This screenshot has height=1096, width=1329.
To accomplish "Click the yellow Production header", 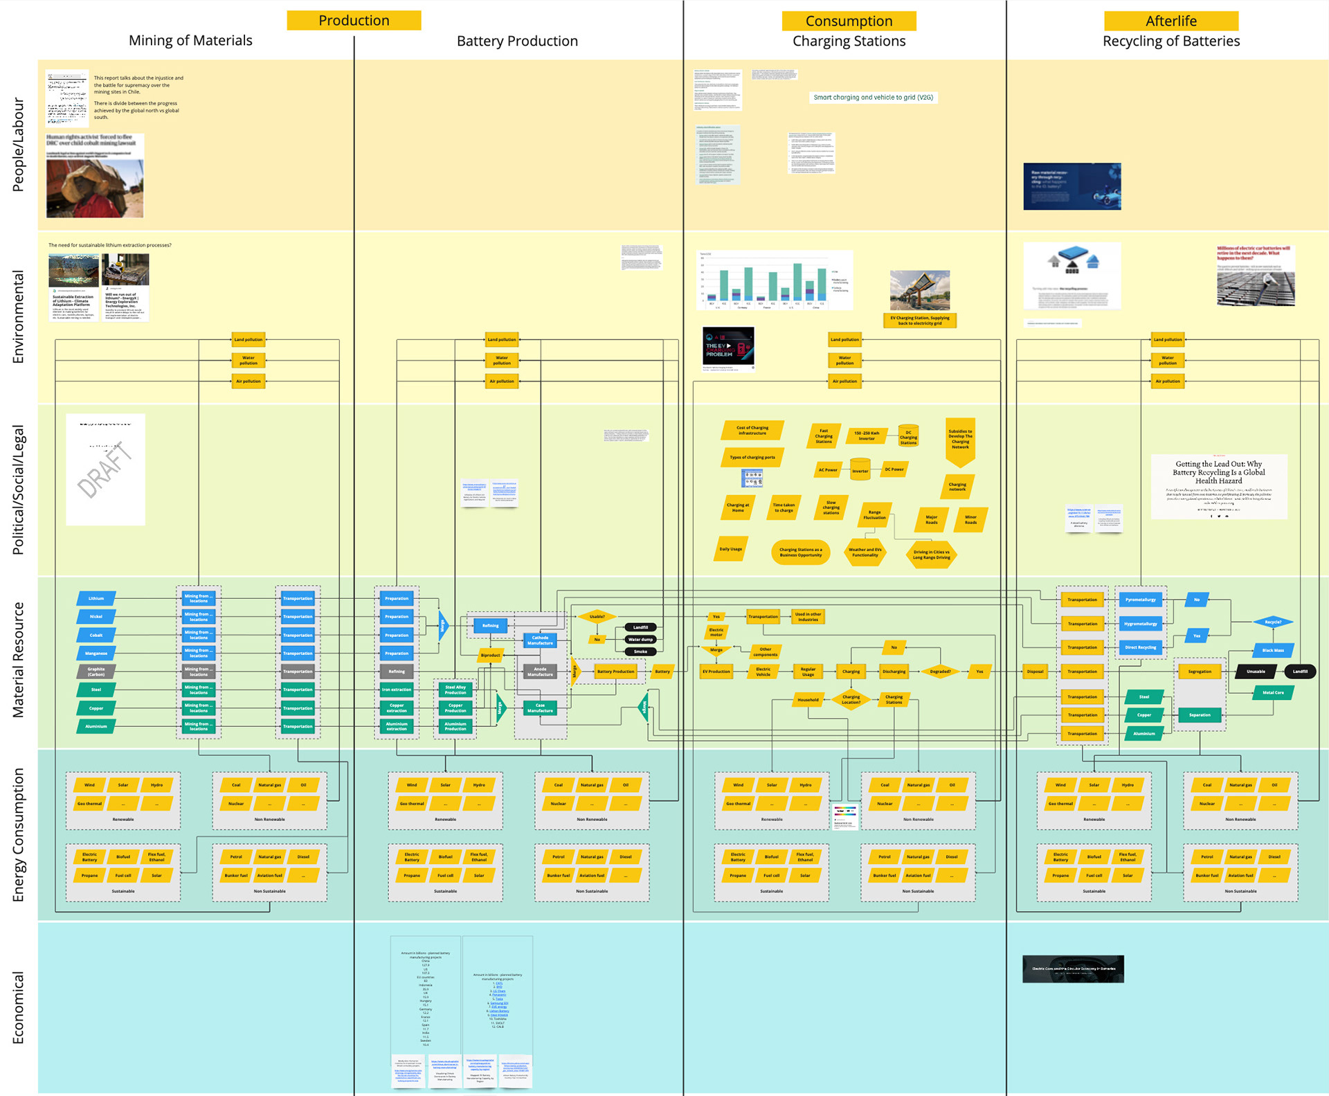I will (x=354, y=20).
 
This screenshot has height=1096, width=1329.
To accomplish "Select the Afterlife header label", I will (x=1170, y=21).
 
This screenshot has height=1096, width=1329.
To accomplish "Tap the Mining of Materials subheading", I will (x=190, y=40).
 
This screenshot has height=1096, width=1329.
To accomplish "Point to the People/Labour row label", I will (x=18, y=145).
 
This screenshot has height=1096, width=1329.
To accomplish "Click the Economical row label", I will (x=18, y=1007).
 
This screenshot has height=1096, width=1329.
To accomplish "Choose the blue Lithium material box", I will (x=96, y=598).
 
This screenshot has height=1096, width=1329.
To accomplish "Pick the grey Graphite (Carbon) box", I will (x=96, y=672).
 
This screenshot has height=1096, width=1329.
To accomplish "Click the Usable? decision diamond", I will (x=597, y=616).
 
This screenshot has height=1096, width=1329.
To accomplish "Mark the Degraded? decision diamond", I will (x=940, y=671).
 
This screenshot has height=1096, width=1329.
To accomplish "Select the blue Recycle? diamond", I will (x=1272, y=622).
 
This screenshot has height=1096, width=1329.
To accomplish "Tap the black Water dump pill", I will (x=640, y=639).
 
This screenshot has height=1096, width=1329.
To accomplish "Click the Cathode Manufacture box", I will (x=540, y=640).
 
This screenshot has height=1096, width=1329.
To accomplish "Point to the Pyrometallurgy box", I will (x=1140, y=600).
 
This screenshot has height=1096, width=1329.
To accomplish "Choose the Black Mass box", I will (x=1272, y=650).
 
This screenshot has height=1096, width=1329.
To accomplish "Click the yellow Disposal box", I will (x=1035, y=671).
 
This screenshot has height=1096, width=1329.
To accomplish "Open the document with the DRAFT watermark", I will (x=105, y=469).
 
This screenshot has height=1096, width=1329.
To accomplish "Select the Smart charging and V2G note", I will (x=873, y=98).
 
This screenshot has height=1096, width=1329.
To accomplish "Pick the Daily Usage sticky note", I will (x=730, y=549).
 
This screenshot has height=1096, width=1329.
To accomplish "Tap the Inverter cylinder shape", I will (x=860, y=469).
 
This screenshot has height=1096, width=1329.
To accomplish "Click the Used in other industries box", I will (x=808, y=616).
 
